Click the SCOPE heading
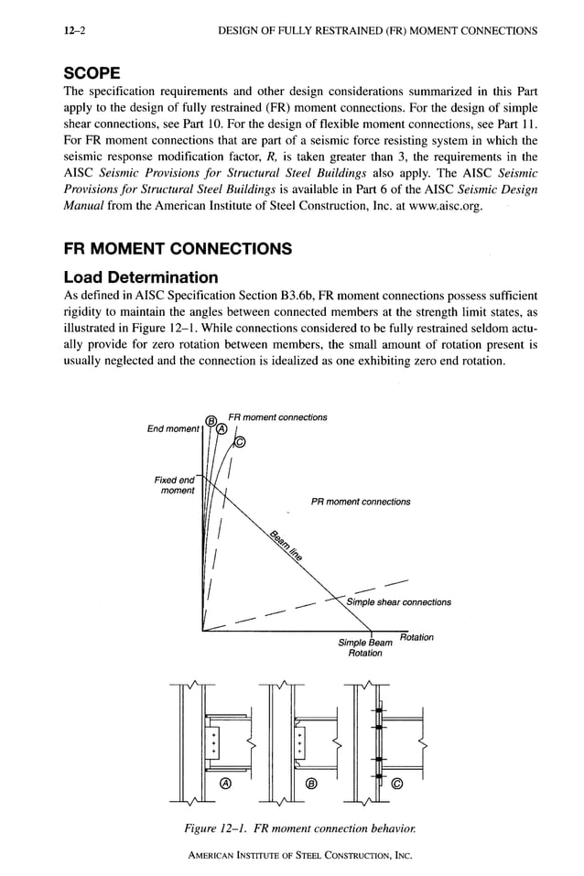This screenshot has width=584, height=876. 94,71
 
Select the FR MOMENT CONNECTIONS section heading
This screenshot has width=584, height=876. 177,249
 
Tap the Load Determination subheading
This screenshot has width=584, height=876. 140,276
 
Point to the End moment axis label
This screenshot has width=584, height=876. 173,428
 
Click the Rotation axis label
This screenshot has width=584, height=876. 416,637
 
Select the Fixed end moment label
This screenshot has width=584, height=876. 175,485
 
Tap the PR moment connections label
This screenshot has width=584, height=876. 361,502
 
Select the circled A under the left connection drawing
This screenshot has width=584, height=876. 225,783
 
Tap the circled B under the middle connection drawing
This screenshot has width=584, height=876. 311,783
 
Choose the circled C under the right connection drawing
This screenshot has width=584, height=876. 396,783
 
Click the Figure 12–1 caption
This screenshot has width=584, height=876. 292,828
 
